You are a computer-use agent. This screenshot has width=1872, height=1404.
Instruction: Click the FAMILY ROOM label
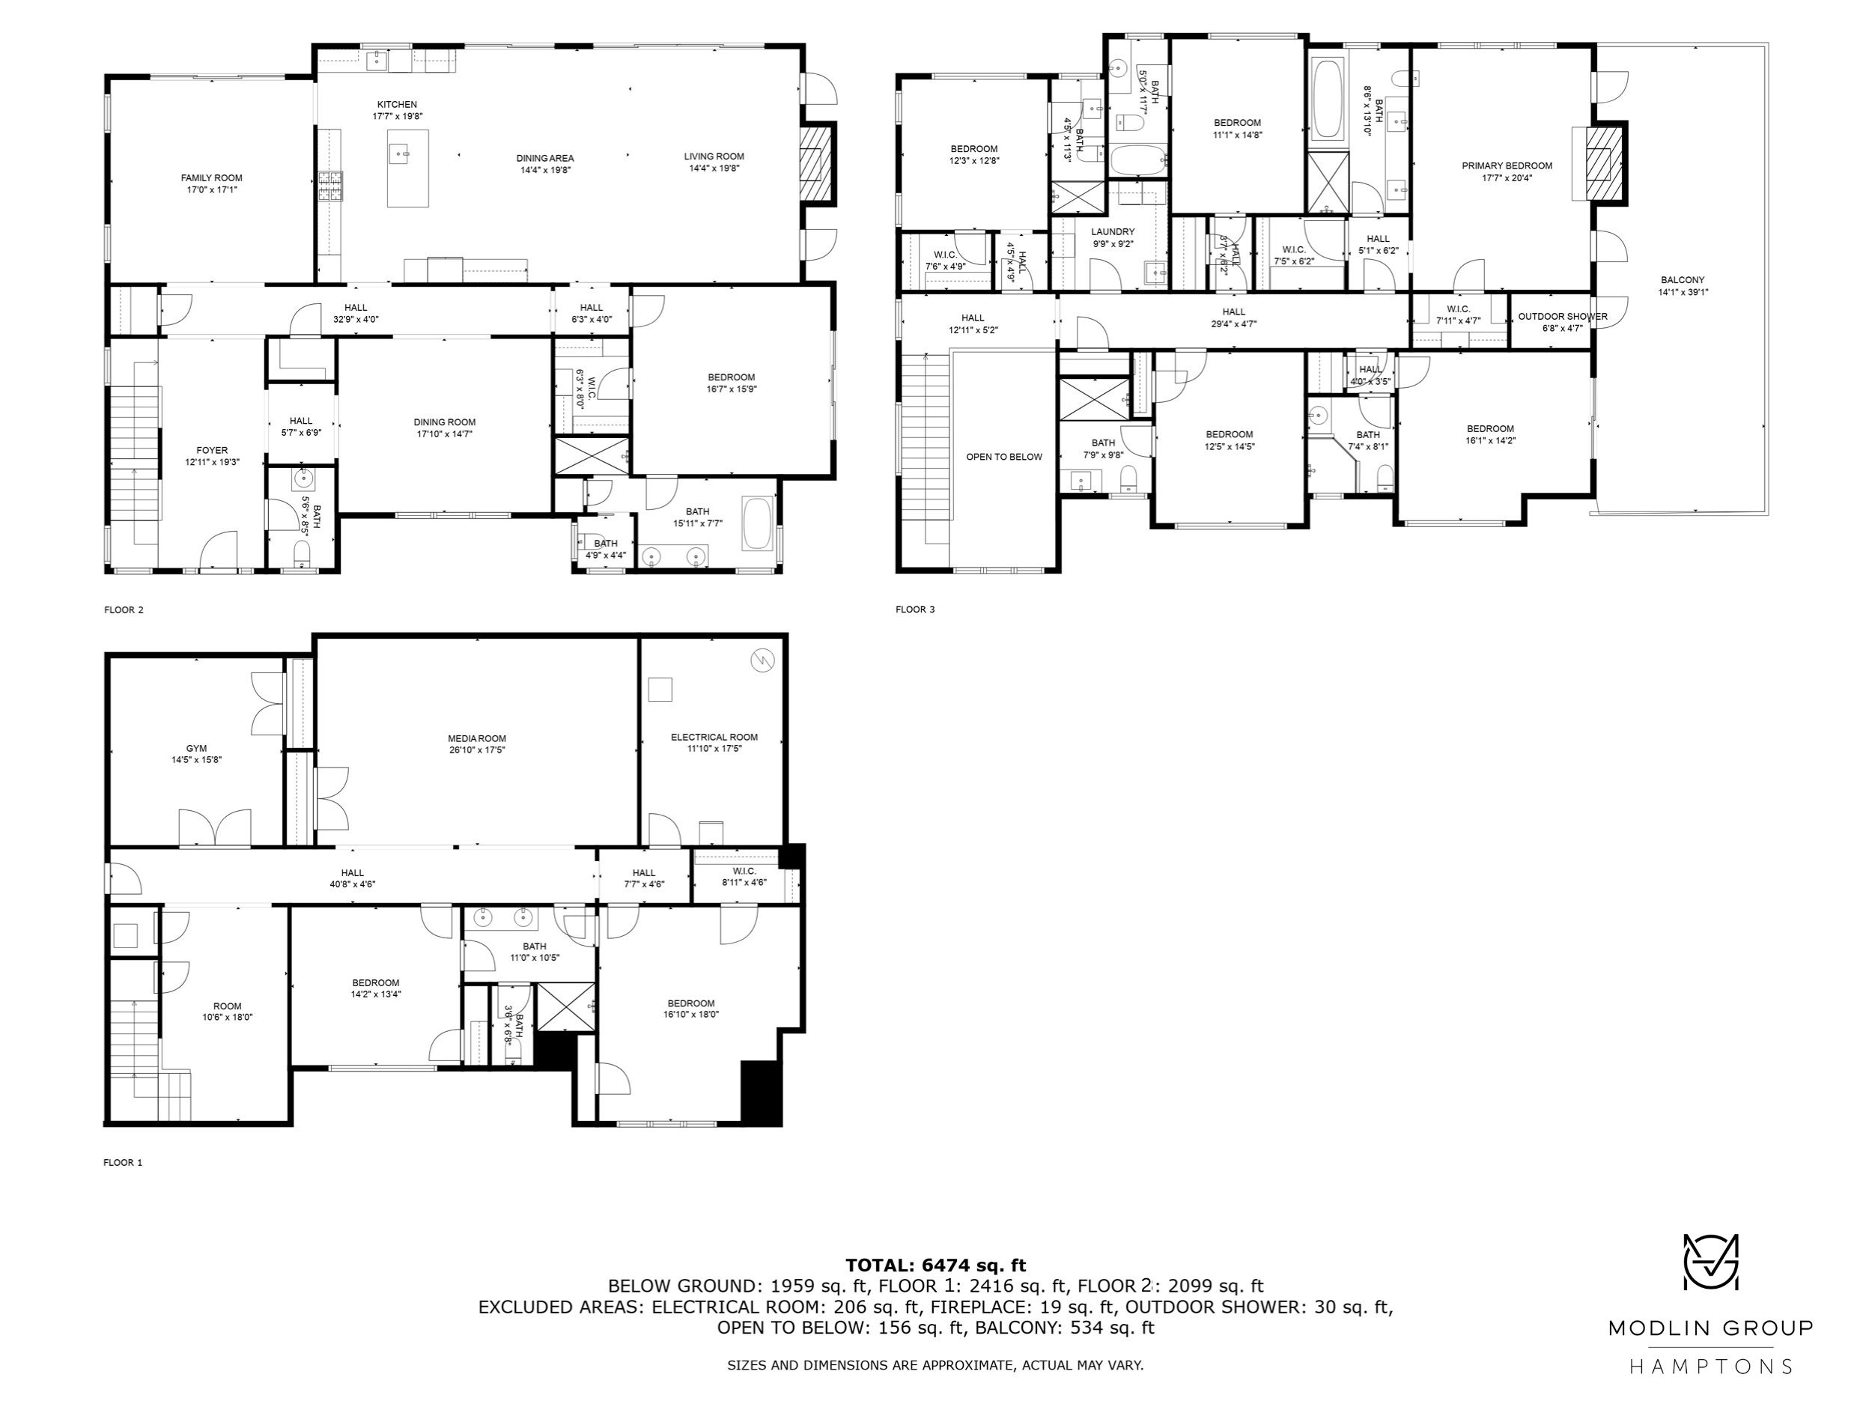pos(212,177)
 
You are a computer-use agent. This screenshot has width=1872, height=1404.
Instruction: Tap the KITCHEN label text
pos(397,104)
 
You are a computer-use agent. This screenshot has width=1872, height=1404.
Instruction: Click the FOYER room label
pos(212,450)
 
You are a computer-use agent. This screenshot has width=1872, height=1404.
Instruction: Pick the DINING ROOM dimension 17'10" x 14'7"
pos(444,434)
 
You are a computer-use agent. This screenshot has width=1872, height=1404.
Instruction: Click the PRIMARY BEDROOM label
pos(1507,166)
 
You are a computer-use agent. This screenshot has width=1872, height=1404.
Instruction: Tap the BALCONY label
pos(1683,280)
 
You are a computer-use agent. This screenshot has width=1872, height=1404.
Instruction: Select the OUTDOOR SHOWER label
pos(1562,317)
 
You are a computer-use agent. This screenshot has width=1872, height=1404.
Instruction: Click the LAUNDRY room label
pos(1113,232)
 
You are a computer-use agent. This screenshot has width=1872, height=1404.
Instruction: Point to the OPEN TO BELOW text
pos(1005,457)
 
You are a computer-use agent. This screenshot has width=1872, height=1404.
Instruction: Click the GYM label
pos(196,748)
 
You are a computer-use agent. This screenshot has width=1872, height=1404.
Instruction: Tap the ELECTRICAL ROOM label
pos(714,737)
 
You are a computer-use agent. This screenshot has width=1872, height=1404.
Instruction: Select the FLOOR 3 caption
pos(915,610)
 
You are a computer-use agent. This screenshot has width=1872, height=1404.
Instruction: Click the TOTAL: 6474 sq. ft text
pos(935,1265)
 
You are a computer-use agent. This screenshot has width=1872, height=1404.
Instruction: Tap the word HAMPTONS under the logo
pos(1710,1366)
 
